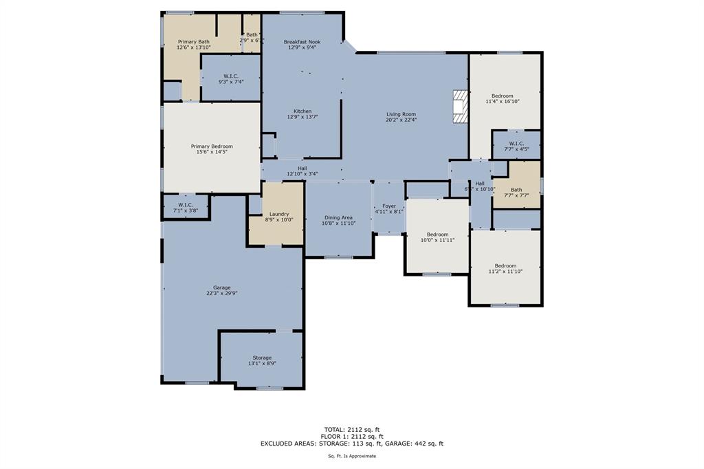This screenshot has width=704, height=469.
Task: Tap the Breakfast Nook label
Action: coord(302,42)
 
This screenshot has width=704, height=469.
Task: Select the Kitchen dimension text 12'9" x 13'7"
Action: coord(302,117)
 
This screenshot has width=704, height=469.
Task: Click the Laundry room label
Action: coord(279,214)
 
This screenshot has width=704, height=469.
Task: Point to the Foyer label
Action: coord(389,206)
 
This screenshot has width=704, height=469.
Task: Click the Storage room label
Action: coord(262,358)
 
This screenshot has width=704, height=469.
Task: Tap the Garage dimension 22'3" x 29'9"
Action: coord(221,293)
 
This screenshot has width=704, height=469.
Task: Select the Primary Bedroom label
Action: coord(212,146)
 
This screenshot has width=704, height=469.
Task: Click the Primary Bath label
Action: coord(193,42)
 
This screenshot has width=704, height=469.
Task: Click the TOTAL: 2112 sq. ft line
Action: coord(351,429)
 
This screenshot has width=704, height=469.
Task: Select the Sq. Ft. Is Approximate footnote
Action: coord(351,456)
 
